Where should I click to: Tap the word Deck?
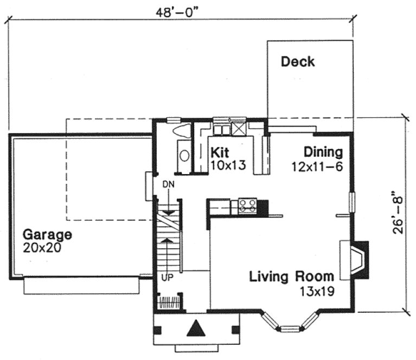[297, 62]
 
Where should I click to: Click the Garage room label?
[47, 235]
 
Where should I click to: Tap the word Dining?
[323, 151]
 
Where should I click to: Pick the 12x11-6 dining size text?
[317, 166]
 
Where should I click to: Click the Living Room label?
[292, 277]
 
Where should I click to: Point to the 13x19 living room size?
[317, 291]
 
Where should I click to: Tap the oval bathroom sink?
[184, 156]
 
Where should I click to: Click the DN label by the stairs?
[169, 185]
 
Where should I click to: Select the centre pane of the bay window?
[289, 328]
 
